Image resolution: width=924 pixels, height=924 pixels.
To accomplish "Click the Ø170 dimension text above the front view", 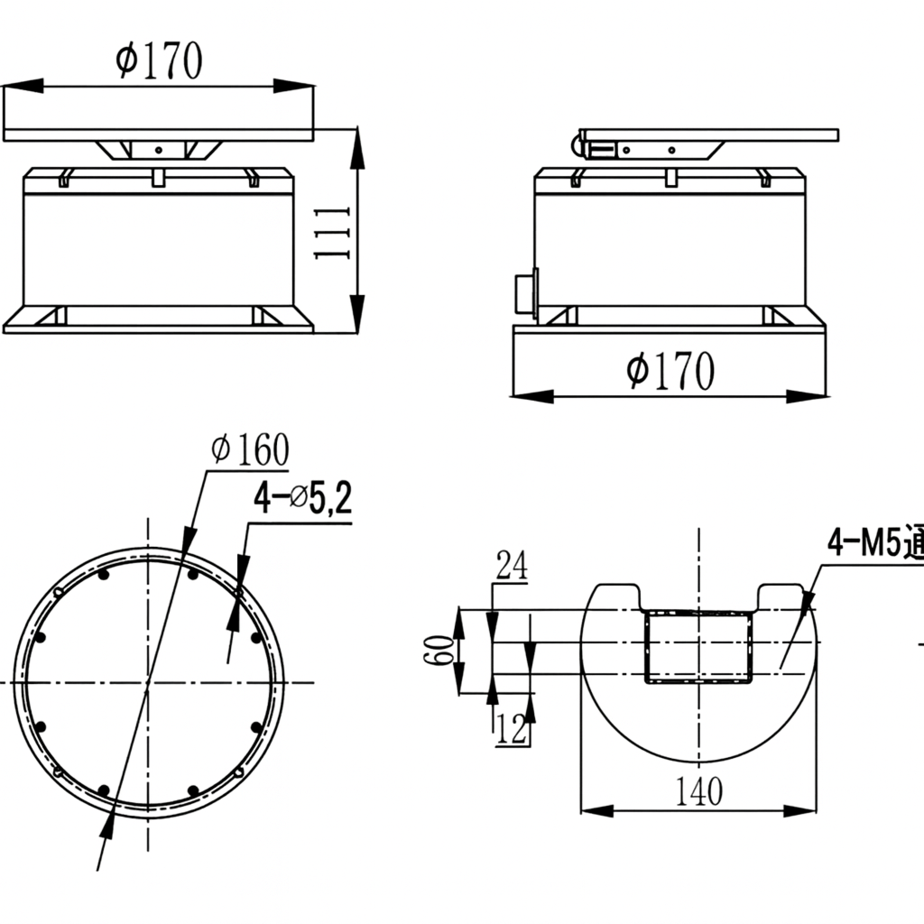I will [159, 61].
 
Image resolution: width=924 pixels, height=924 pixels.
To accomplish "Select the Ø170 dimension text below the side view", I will [670, 371].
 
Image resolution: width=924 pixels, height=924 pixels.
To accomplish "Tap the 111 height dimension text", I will [331, 232].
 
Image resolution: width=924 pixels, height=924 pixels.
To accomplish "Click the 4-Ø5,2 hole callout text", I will [301, 499].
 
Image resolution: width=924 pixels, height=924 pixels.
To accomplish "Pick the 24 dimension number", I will [511, 567].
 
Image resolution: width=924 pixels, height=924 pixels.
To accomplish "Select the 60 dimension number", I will [439, 650].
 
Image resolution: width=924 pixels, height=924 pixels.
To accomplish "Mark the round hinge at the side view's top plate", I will [576, 142].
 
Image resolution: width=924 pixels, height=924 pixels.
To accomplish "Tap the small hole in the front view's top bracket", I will [158, 150].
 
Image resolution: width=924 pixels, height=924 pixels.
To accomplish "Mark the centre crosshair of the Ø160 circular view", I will [148, 682].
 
